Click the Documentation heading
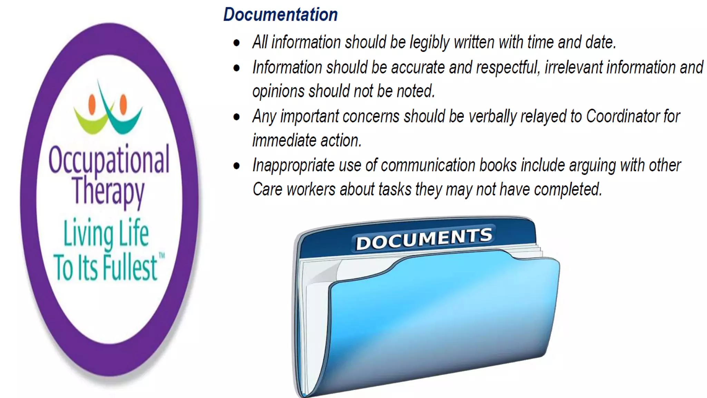click(280, 15)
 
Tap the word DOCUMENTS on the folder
click(424, 238)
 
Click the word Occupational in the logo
click(109, 160)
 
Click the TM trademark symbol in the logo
click(162, 256)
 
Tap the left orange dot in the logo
click(92, 104)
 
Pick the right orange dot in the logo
click(123, 104)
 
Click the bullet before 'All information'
click(236, 43)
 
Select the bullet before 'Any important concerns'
click(236, 117)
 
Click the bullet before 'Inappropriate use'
click(236, 166)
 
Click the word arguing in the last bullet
click(592, 165)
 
